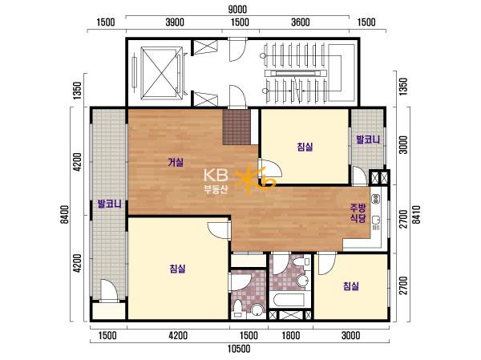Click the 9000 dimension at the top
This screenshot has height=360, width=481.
237,10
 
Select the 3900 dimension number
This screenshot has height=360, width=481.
175,22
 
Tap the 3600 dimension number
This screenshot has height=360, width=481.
301,22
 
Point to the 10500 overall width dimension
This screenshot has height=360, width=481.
239,349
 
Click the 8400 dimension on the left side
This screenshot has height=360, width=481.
65,215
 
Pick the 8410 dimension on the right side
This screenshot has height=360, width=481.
416,215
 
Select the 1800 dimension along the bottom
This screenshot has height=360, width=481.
291,335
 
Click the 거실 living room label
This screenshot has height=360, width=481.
176,162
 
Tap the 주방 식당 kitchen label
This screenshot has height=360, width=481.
358,213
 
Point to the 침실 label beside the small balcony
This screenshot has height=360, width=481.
305,147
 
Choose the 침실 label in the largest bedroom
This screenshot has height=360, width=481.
177,269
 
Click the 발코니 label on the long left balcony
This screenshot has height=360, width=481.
109,204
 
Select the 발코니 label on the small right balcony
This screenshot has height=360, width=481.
368,140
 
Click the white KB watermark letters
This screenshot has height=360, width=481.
216,176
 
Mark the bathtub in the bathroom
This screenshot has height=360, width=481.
289,300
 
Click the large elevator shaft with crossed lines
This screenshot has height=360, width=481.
162,72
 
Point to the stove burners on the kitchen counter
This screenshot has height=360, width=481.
376,199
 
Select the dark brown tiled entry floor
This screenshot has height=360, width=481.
236,127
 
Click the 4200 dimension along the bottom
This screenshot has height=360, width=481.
178,335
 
